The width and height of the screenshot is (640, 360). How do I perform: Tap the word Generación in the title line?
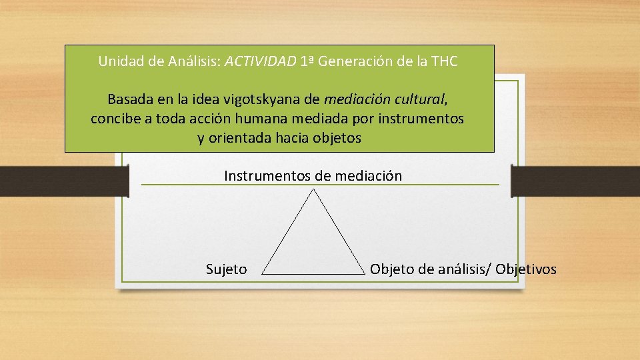pyautogui.click(x=353, y=62)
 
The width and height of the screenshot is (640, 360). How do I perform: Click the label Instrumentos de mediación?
pyautogui.click(x=313, y=176)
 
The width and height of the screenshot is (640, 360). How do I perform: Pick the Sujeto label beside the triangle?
pyautogui.click(x=226, y=269)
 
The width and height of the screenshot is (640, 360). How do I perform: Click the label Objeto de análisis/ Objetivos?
pyautogui.click(x=463, y=269)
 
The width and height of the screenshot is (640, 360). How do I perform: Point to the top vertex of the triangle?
pyautogui.click(x=313, y=189)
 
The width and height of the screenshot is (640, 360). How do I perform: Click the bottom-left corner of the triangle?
pyautogui.click(x=263, y=273)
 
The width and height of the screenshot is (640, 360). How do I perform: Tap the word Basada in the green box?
pyautogui.click(x=131, y=100)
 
